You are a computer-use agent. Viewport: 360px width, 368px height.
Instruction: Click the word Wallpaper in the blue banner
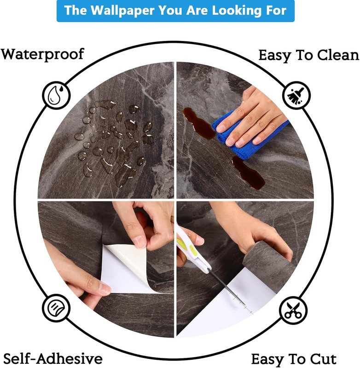pos(122,10)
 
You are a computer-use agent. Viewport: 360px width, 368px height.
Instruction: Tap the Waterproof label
pos(42,54)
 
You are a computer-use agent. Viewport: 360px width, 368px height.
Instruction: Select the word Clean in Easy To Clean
pos(338,55)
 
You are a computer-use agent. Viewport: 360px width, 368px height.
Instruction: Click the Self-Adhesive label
pos(53,358)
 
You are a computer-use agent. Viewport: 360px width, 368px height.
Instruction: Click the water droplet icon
pos(56,95)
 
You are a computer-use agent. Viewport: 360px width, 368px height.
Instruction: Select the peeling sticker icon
pos(56,308)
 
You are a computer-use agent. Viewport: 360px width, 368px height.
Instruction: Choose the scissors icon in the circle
pos(293,310)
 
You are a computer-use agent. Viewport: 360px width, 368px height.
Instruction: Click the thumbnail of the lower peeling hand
pos(104,288)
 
